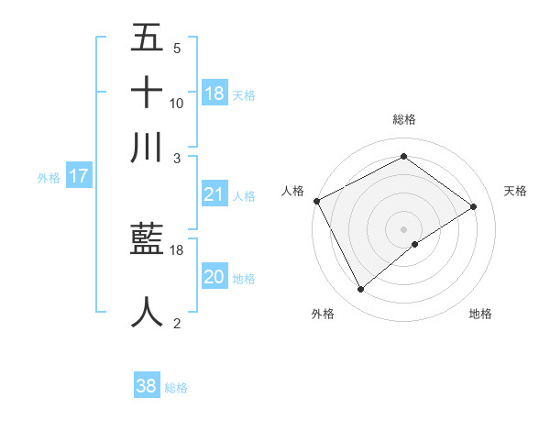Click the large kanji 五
(148, 39)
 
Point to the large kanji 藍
(148, 241)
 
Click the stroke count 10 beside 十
(177, 104)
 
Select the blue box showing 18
(214, 94)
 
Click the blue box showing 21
(214, 194)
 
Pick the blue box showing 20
(214, 277)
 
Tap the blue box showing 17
(78, 177)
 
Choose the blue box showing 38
(147, 386)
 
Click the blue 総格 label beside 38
(176, 388)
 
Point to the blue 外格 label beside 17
(49, 178)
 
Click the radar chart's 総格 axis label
(403, 119)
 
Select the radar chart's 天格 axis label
(516, 191)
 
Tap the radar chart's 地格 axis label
(480, 314)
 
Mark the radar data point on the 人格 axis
(316, 201)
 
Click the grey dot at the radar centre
(403, 228)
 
